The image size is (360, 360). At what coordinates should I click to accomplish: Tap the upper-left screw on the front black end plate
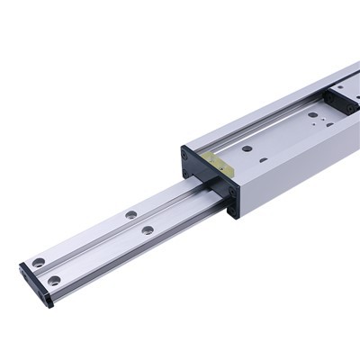tap(185, 155)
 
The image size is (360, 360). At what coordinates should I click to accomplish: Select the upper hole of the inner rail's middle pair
tap(131, 214)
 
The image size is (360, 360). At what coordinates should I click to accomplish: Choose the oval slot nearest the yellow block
tap(263, 160)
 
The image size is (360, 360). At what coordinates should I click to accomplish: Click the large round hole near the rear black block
tap(313, 114)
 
